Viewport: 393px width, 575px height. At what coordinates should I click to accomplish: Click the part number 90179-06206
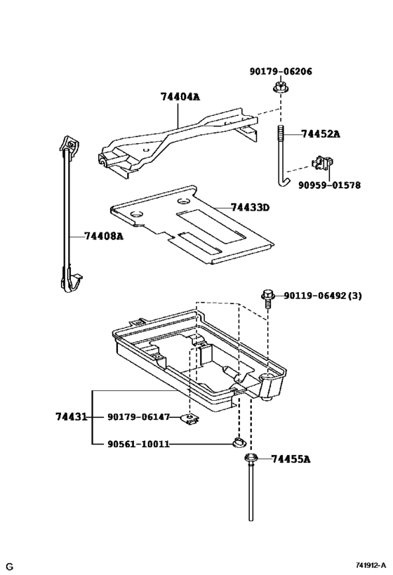[x=281, y=72]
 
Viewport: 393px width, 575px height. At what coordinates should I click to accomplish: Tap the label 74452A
[x=321, y=134]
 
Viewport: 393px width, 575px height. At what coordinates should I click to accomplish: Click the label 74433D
[x=251, y=208]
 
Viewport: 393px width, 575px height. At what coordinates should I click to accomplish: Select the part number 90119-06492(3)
[x=323, y=296]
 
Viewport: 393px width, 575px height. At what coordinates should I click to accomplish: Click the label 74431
[x=71, y=417]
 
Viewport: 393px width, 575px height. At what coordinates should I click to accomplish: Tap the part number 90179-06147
[x=138, y=417]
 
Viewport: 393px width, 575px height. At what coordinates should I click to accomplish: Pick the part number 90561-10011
[x=138, y=444]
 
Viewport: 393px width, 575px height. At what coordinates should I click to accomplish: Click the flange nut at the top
[x=280, y=88]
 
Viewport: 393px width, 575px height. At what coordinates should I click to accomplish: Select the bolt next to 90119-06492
[x=267, y=298]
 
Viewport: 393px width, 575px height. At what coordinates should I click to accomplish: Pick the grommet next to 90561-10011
[x=239, y=442]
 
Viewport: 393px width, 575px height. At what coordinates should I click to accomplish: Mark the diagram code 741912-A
[x=371, y=565]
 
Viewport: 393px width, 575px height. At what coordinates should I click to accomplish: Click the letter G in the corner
[x=10, y=566]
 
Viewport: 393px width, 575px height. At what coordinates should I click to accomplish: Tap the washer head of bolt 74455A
[x=249, y=459]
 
